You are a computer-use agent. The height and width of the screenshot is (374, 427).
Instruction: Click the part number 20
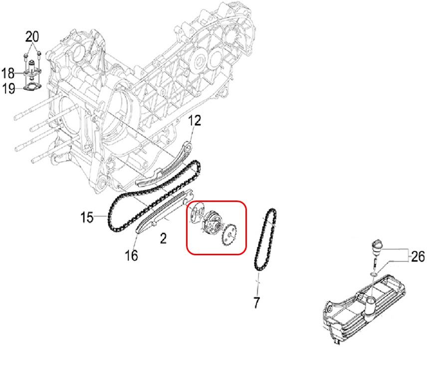point(32,36)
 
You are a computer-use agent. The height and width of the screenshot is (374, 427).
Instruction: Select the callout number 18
point(7,74)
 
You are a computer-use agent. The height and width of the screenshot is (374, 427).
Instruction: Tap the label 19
point(7,89)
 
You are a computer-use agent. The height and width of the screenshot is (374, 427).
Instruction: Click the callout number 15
point(87,217)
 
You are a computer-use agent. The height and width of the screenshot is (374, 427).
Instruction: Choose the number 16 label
point(131,256)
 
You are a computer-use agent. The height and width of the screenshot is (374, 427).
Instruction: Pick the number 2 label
point(163,238)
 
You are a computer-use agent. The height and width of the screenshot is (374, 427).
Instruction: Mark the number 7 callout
point(257,301)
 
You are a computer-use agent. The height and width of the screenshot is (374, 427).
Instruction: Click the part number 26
point(418,257)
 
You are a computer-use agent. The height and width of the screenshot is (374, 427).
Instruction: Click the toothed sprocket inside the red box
point(230,233)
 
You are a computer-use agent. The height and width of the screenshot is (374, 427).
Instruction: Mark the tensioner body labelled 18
point(32,73)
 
